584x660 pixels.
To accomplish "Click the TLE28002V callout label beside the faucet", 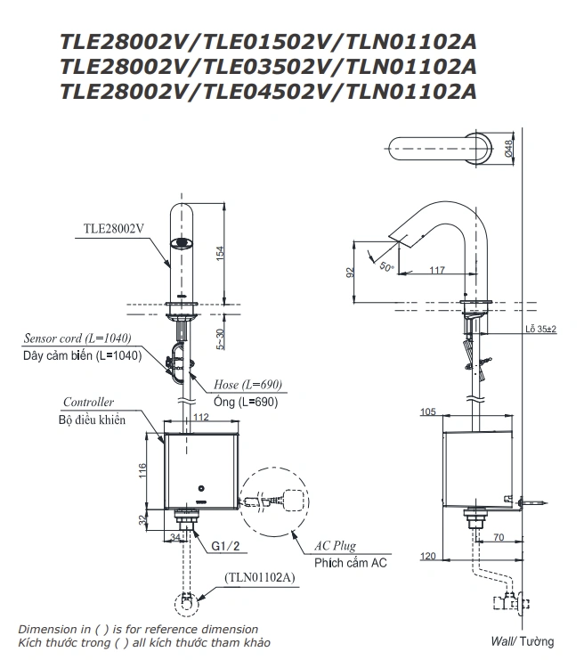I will pos(113,228).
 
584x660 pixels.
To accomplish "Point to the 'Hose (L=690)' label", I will pos(247,385).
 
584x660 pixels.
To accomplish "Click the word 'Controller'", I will pos(88,403).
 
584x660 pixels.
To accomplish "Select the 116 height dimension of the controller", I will pos(141,469).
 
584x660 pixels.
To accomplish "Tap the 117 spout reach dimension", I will pos(437,268).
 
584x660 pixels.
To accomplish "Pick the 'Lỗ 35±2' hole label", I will pos(539,330).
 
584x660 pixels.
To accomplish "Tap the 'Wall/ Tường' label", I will pos(522,641).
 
